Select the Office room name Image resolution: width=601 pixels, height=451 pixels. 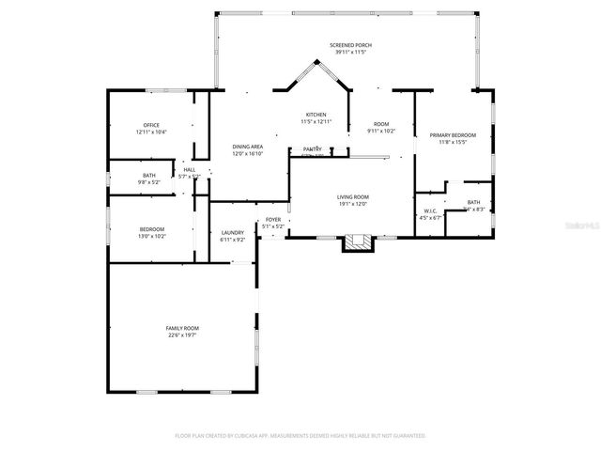(150, 125)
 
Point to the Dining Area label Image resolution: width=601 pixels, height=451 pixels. (248, 147)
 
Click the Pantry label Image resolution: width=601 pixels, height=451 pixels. (312, 149)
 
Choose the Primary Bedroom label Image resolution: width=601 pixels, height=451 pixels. (453, 135)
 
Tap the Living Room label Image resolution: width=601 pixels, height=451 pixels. (352, 196)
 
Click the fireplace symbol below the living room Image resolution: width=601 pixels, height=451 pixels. (356, 243)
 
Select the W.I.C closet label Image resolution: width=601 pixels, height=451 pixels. (430, 210)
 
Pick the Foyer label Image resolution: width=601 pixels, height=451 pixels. (272, 219)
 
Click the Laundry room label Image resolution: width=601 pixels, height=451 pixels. (233, 232)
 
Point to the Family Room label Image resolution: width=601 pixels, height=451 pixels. (183, 327)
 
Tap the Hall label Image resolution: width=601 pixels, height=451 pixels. (190, 169)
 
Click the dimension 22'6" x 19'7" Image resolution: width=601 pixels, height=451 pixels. (183, 334)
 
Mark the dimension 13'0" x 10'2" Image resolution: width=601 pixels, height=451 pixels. (152, 237)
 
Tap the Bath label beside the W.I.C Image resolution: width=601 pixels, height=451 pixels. (473, 202)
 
